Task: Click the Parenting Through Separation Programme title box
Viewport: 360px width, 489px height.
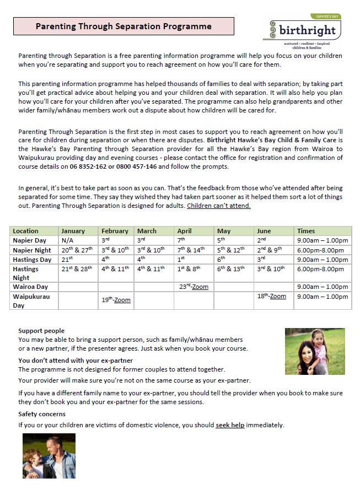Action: [x=123, y=26]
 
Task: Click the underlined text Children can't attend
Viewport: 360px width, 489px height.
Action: [x=219, y=206]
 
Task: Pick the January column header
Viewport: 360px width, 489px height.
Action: [x=73, y=231]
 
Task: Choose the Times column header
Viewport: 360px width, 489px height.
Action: [x=306, y=231]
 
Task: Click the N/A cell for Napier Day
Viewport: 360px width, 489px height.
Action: [x=67, y=240]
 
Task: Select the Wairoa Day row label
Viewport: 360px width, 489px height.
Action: [x=30, y=287]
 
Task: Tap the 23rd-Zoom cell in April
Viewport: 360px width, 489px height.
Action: [x=194, y=287]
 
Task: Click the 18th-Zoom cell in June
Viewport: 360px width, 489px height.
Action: [x=272, y=296]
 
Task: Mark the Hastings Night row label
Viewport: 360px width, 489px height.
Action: [x=26, y=273]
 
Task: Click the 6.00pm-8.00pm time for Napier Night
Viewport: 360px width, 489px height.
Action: [x=322, y=250]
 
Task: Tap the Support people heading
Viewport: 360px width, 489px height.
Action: [x=41, y=331]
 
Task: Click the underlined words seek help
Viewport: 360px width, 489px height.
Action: [x=230, y=425]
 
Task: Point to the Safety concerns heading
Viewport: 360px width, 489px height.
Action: [x=42, y=414]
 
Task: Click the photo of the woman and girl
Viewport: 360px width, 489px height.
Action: [x=314, y=351]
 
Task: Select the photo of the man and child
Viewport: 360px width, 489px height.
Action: [x=49, y=455]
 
